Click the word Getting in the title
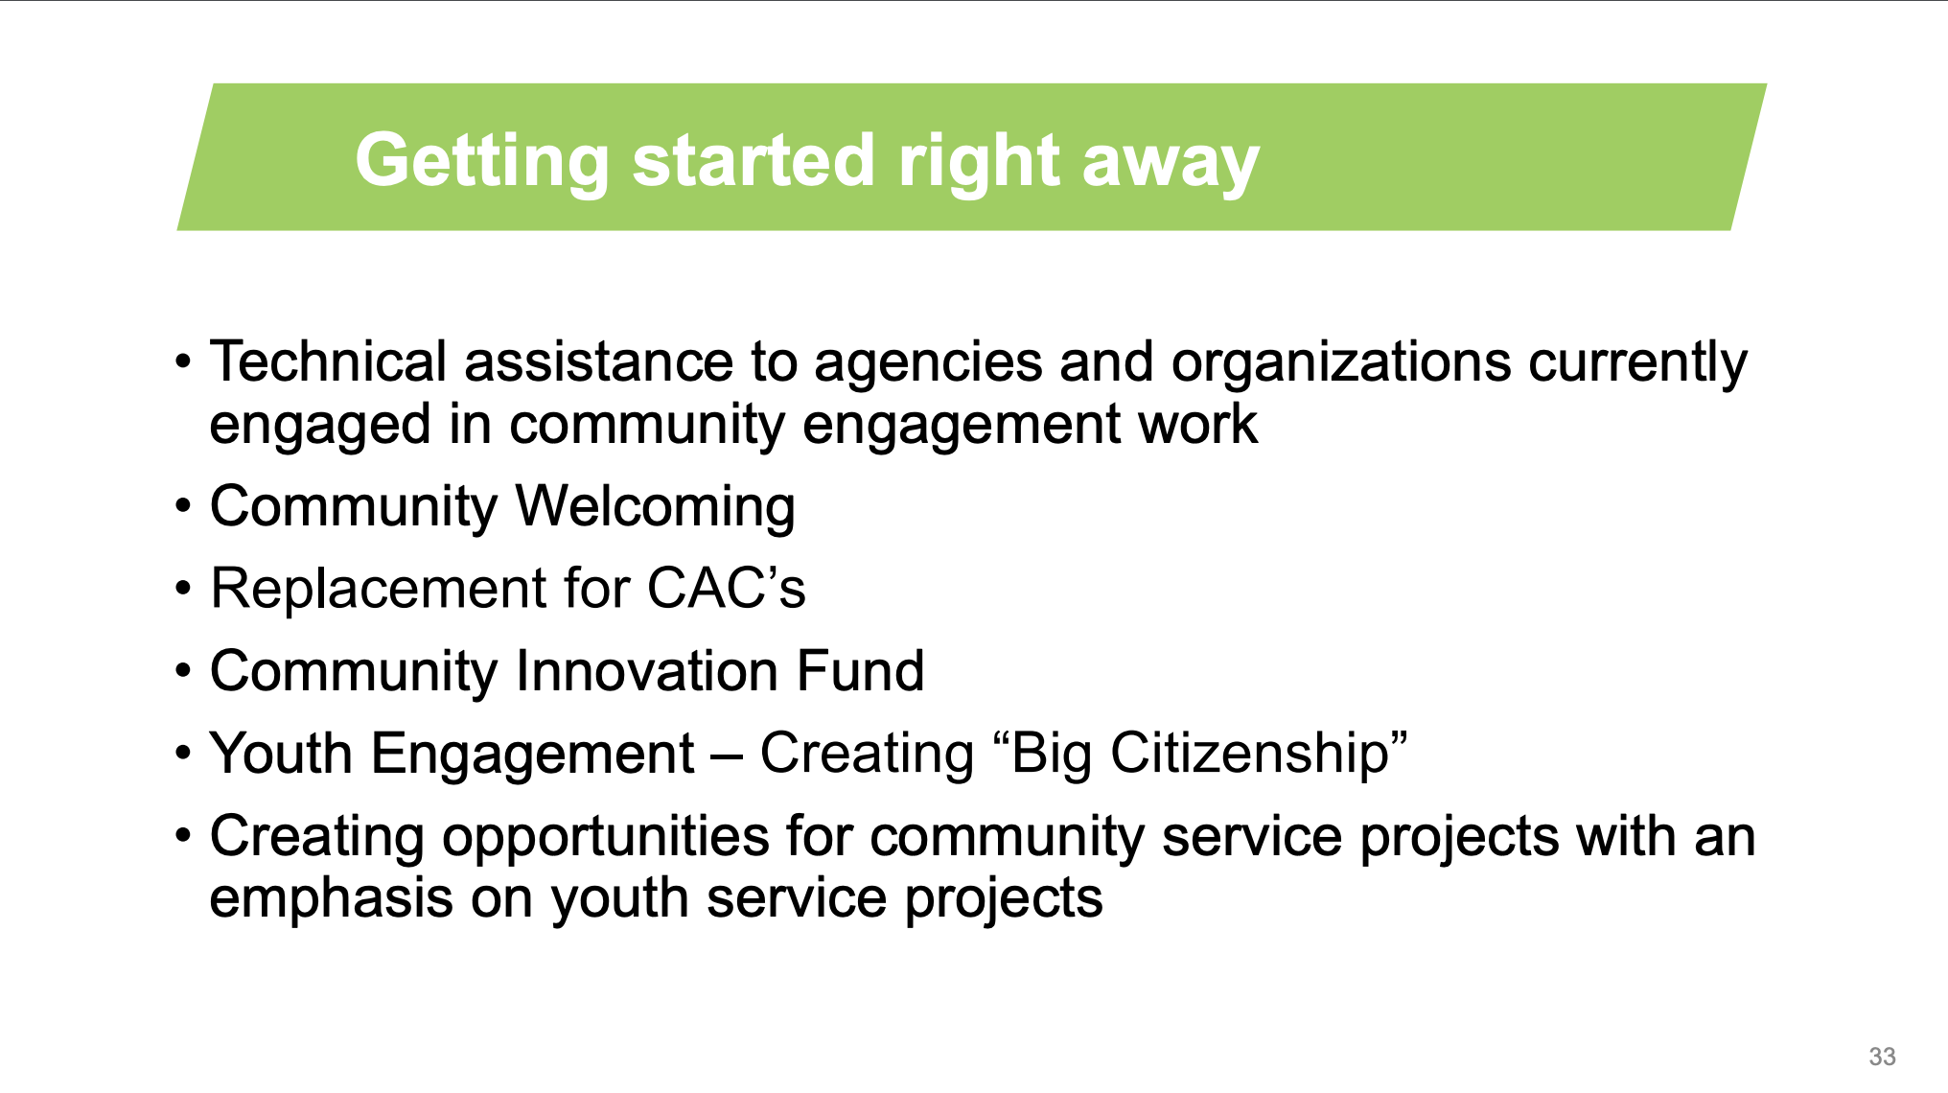click(x=482, y=162)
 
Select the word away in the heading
click(x=1171, y=164)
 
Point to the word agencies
click(x=928, y=365)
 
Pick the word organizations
click(x=1341, y=365)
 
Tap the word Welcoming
click(x=656, y=508)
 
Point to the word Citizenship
click(x=1250, y=755)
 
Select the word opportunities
click(x=606, y=837)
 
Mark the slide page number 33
click(x=1882, y=1057)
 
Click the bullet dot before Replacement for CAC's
click(x=183, y=589)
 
